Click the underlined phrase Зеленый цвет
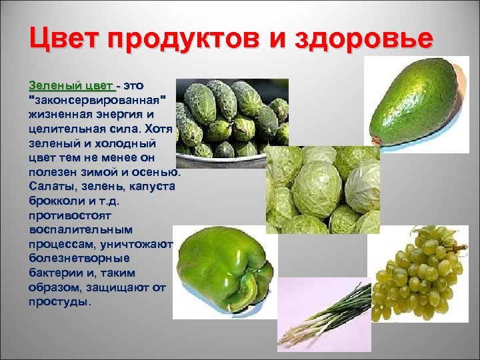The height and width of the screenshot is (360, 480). click(71, 85)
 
